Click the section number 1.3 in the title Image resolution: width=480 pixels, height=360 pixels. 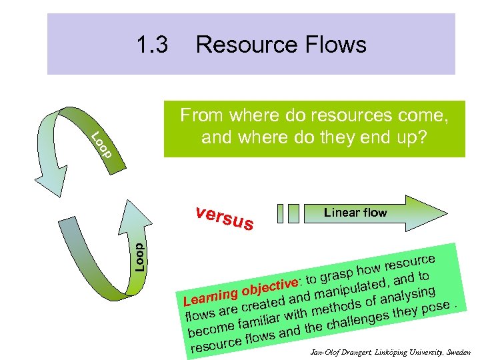coord(152,45)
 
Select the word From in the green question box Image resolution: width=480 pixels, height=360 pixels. coord(202,116)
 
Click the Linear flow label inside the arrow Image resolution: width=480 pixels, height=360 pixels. coord(355,213)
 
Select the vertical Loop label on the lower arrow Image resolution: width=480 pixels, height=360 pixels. coord(139,257)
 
